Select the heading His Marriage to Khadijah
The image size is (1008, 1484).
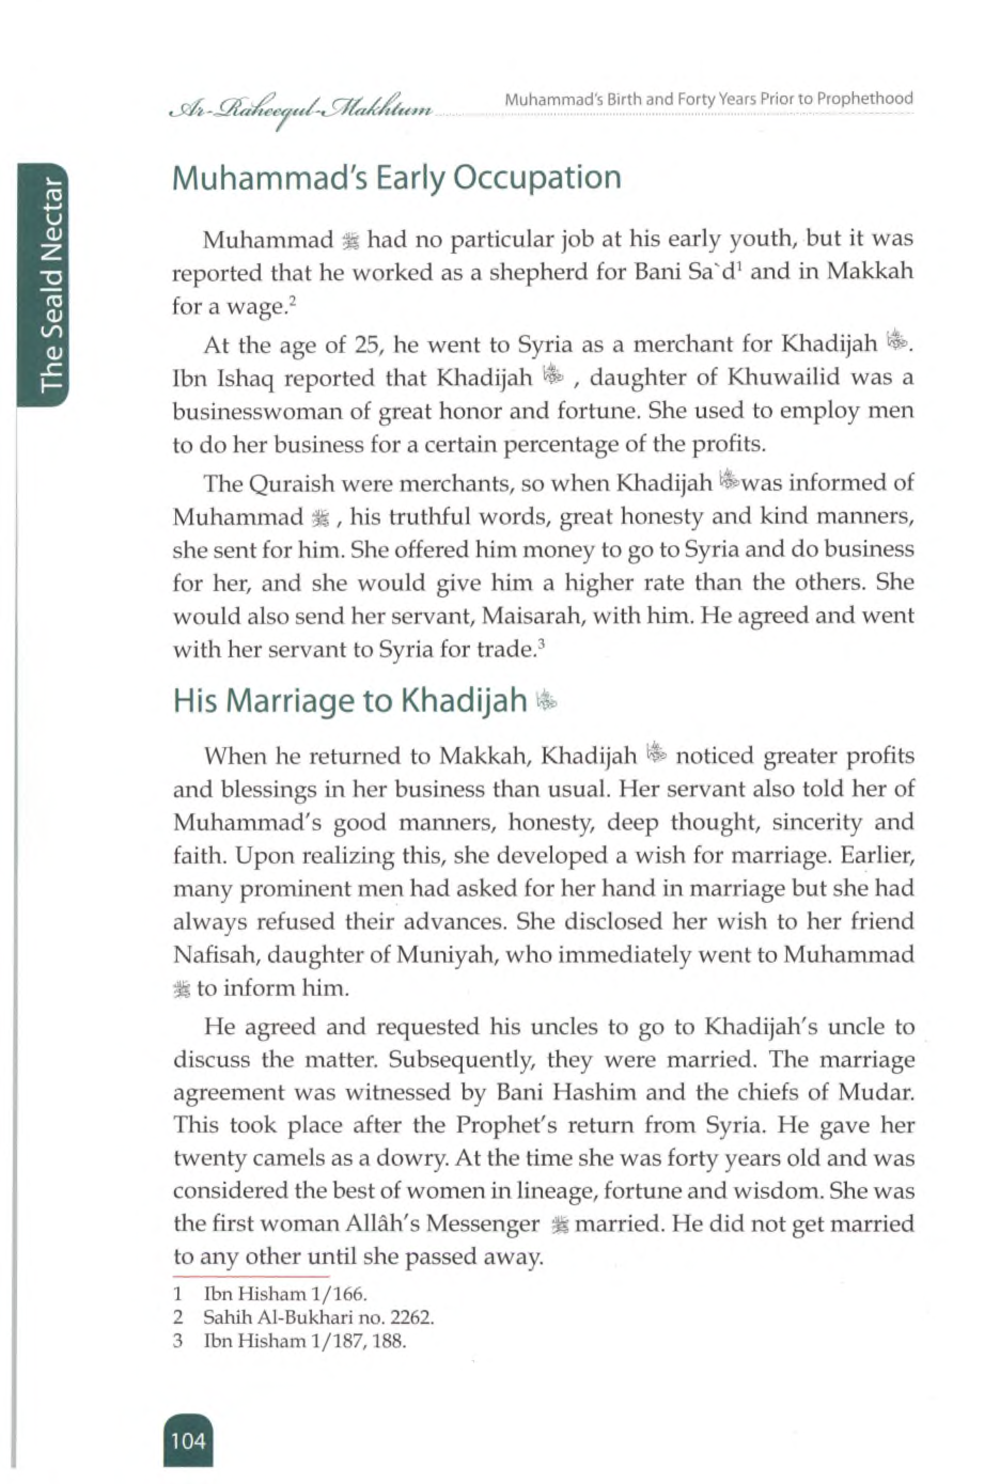tap(349, 700)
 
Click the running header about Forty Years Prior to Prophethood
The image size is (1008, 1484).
tap(708, 99)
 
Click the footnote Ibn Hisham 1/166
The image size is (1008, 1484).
tap(285, 1294)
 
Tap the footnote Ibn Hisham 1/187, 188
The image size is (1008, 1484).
tap(304, 1340)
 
